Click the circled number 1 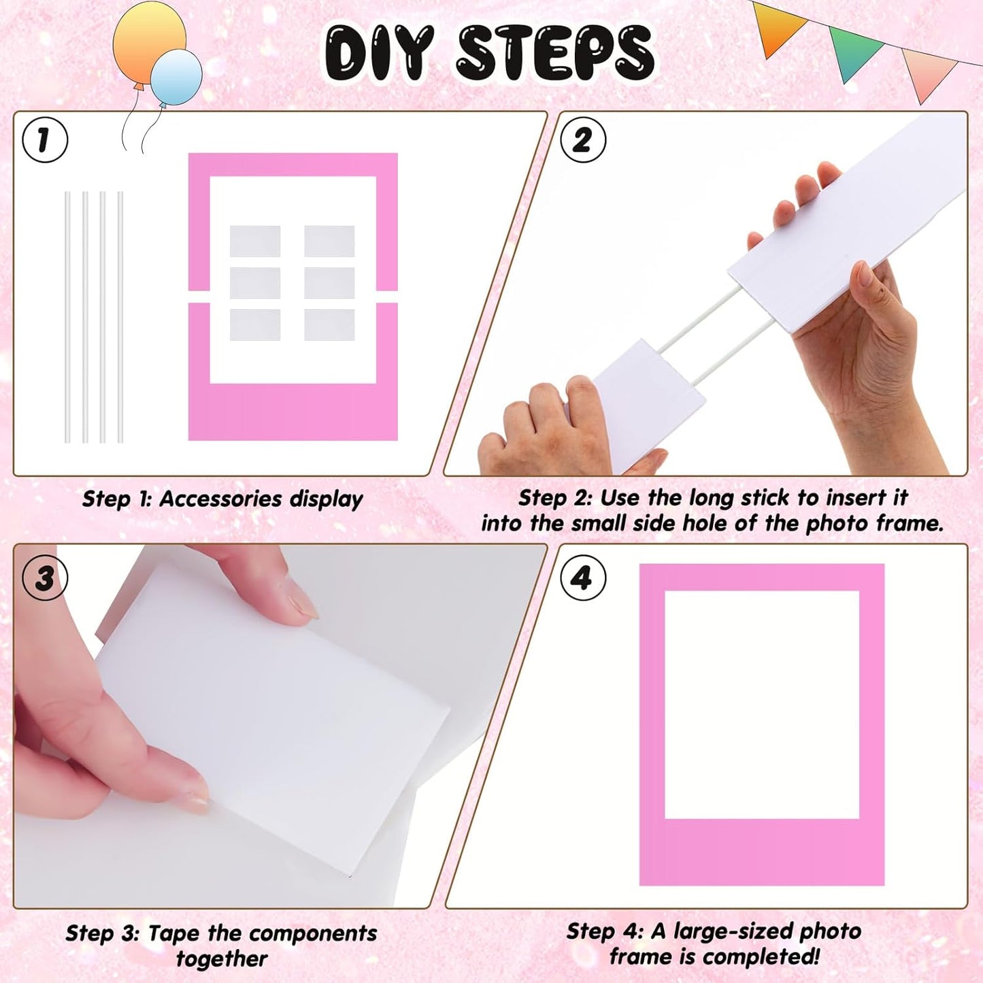pos(45,140)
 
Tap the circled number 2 pos(583,140)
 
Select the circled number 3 pos(45,578)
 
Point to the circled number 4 pos(583,578)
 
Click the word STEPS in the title pos(554,53)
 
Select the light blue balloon pos(177,76)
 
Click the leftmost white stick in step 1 pos(67,316)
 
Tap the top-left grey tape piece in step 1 pos(255,241)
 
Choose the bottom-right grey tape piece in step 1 pos(329,324)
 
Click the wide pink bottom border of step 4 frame pos(762,852)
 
